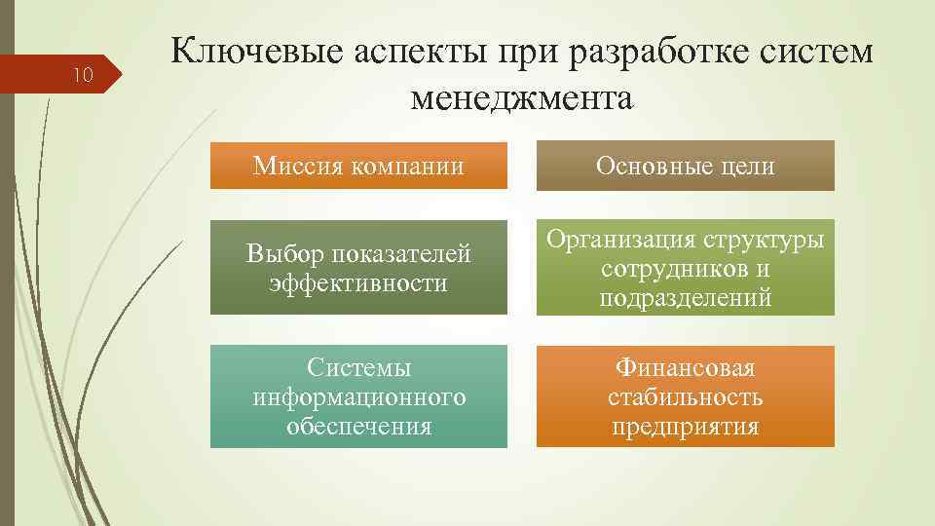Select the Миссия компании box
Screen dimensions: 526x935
pyautogui.click(x=358, y=166)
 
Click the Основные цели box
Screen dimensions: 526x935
pyautogui.click(x=685, y=166)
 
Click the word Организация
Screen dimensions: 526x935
pyautogui.click(x=627, y=240)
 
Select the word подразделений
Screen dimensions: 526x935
pyautogui.click(x=685, y=298)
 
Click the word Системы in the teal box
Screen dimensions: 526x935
pyautogui.click(x=358, y=368)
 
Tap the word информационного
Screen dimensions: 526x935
pyautogui.click(x=358, y=397)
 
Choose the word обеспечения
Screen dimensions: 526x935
pyautogui.click(x=358, y=427)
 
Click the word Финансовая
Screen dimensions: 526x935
pyautogui.click(x=685, y=368)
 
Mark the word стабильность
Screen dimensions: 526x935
pyautogui.click(x=685, y=397)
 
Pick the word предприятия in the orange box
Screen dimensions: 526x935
pyautogui.click(x=685, y=427)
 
